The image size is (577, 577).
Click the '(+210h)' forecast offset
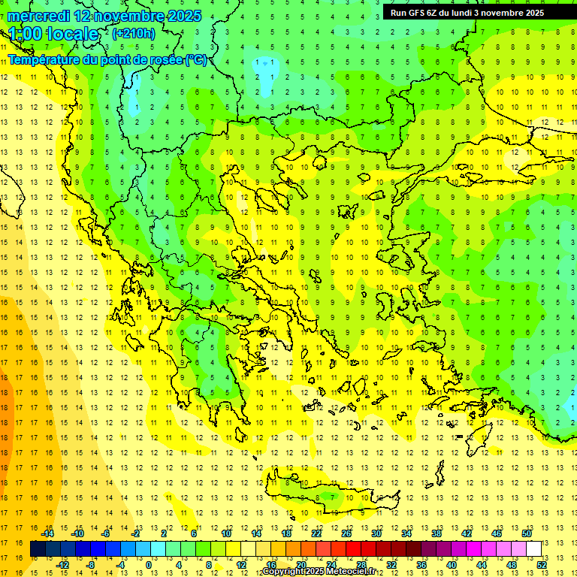134,33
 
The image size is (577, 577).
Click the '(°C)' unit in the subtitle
196,59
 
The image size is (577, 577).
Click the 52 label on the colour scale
541,564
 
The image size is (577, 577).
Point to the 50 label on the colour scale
527,533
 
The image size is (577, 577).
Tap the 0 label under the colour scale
150,564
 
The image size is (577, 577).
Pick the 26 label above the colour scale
346,533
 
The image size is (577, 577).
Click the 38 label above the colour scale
437,533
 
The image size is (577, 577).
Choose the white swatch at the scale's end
533,549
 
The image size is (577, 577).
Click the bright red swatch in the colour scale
353,549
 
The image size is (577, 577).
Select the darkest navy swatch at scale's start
38,549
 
